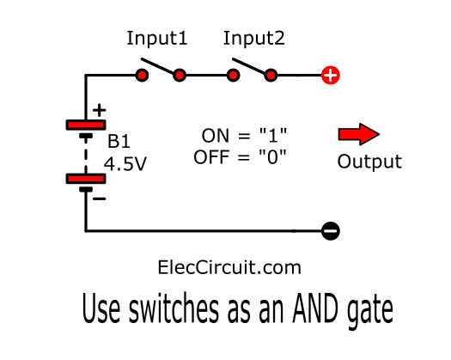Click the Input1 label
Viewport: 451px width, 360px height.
click(157, 39)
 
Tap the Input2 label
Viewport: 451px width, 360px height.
click(254, 39)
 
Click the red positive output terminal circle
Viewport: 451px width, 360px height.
click(331, 76)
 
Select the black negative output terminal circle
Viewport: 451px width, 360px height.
click(331, 231)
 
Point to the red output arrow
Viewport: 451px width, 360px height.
click(359, 134)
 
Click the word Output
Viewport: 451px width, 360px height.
click(369, 162)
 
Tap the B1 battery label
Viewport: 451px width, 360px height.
click(119, 141)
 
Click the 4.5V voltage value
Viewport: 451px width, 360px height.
click(125, 164)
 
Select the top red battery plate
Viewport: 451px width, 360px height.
click(86, 125)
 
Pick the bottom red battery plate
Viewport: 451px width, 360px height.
click(86, 179)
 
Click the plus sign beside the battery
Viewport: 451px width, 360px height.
click(100, 110)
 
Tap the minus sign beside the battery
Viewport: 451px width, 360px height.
click(100, 198)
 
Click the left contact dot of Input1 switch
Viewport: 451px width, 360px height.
click(142, 76)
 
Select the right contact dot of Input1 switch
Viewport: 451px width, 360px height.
click(180, 76)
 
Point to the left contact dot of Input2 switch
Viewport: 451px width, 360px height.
click(233, 76)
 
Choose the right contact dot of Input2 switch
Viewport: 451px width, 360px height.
click(271, 76)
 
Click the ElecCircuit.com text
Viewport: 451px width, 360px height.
click(229, 267)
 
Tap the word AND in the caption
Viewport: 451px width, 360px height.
click(315, 308)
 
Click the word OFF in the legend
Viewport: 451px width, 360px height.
click(211, 157)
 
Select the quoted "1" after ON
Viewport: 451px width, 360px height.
click(273, 135)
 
